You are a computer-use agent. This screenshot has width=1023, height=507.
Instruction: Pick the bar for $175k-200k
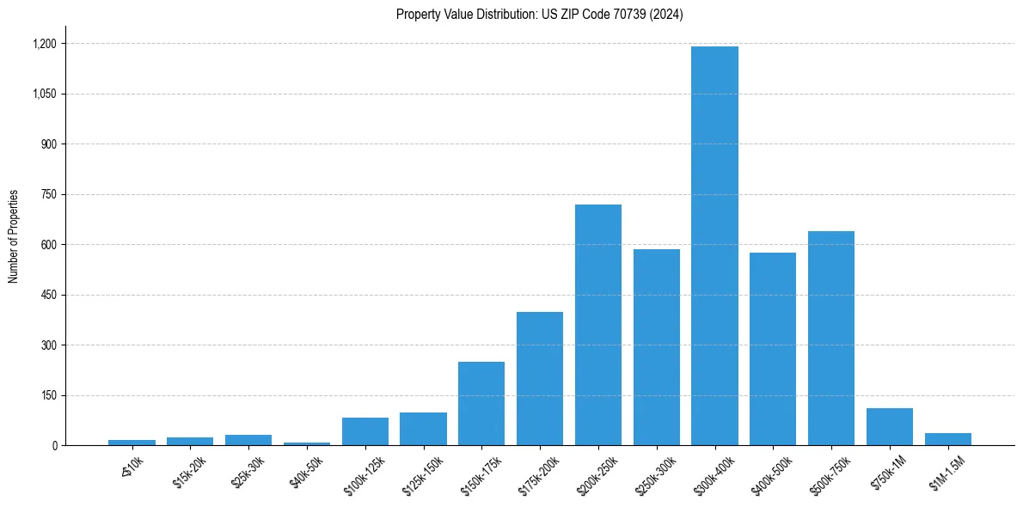pyautogui.click(x=539, y=378)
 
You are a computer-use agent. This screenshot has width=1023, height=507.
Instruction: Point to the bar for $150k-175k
pyautogui.click(x=481, y=403)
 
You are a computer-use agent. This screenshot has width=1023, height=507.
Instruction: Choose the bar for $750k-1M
pyautogui.click(x=889, y=427)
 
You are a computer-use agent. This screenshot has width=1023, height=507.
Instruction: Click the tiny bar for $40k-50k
pyautogui.click(x=306, y=443)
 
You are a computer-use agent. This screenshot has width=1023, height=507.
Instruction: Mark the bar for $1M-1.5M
pyautogui.click(x=947, y=439)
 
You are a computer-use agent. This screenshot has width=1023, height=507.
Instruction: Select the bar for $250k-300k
pyautogui.click(x=656, y=347)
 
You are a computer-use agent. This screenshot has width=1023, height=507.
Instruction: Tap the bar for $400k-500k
pyautogui.click(x=773, y=349)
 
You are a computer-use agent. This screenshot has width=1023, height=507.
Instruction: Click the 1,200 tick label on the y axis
pyautogui.click(x=44, y=44)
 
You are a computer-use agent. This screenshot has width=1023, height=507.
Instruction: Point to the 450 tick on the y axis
pyautogui.click(x=48, y=296)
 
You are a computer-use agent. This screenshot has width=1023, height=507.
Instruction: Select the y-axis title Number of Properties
pyautogui.click(x=14, y=236)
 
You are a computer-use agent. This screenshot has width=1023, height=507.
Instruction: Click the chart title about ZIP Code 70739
pyautogui.click(x=539, y=15)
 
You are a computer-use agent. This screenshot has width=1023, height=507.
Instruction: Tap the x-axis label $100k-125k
pyautogui.click(x=365, y=471)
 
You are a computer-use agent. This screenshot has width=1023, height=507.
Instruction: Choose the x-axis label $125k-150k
pyautogui.click(x=424, y=471)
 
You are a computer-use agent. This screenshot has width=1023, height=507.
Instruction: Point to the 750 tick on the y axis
pyautogui.click(x=48, y=195)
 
